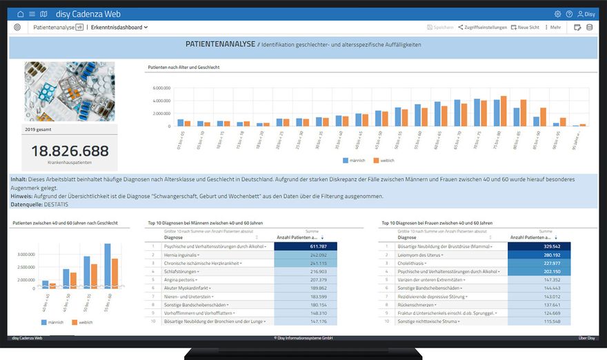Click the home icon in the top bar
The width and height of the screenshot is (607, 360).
(x=21, y=14)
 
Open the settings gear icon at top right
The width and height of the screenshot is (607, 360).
(x=557, y=14)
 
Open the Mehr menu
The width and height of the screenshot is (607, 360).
(x=553, y=28)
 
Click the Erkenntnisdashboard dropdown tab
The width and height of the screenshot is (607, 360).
(x=119, y=28)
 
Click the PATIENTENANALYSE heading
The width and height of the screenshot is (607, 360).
(x=220, y=44)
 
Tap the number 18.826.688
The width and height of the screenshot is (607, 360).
(x=70, y=151)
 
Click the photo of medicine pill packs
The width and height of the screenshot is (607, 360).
(x=70, y=92)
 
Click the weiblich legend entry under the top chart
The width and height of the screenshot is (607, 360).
(x=384, y=160)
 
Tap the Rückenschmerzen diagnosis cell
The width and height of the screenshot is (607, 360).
(x=415, y=304)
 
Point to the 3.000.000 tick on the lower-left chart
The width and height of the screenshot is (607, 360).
(x=26, y=254)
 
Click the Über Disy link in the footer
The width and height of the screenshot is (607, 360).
(x=586, y=338)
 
